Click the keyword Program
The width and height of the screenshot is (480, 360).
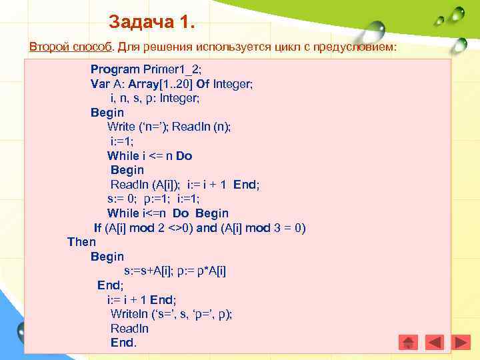tap(115, 69)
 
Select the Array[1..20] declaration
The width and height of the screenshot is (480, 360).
tap(155, 84)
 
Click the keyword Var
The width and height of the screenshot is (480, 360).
tap(100, 84)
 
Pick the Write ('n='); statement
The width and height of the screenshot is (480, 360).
tap(139, 127)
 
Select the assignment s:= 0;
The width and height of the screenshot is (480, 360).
tap(123, 199)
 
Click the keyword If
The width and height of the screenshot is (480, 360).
tap(98, 228)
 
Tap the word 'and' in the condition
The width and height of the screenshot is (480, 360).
tap(207, 228)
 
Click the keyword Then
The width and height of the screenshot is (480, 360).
tap(81, 242)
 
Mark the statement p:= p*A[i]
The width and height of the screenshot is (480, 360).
tap(205, 271)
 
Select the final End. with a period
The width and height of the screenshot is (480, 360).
tap(123, 343)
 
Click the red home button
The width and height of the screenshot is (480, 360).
tap(409, 342)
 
